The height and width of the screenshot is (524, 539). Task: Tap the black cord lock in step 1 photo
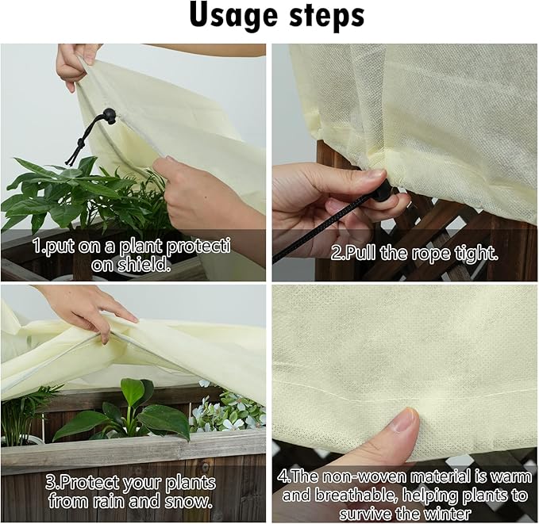[x=108, y=117]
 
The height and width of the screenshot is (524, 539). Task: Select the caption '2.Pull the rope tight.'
[x=414, y=254]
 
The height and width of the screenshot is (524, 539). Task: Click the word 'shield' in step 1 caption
[x=143, y=266]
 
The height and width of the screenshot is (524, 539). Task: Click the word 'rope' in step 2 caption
[x=435, y=254]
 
